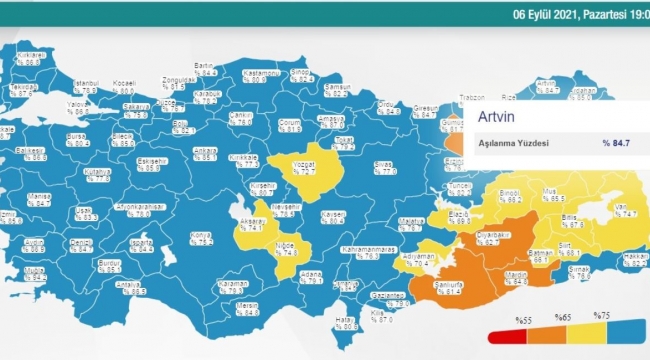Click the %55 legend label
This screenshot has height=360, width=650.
(522, 319)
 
